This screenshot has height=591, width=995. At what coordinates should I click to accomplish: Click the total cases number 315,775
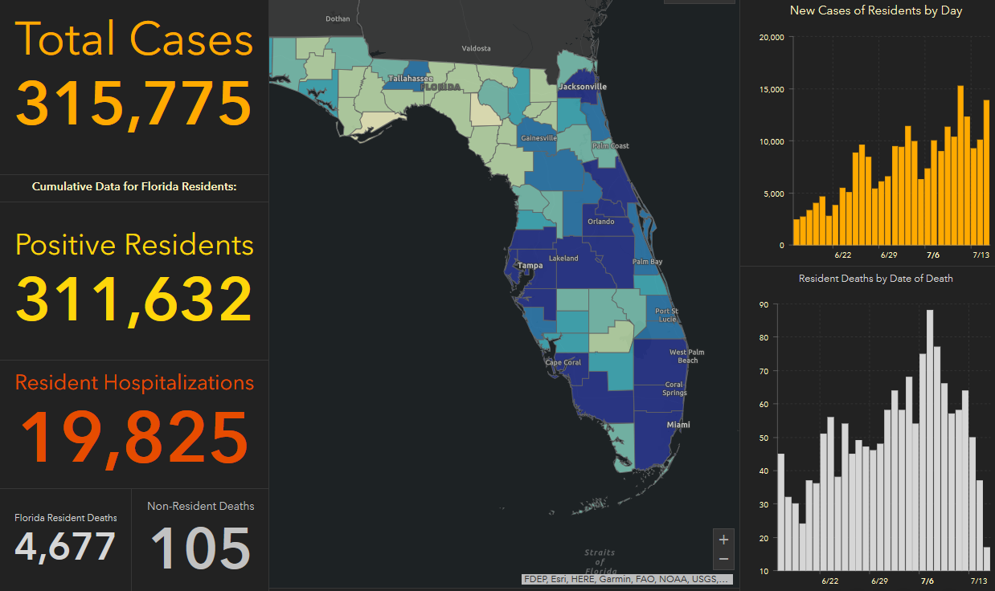pyautogui.click(x=133, y=103)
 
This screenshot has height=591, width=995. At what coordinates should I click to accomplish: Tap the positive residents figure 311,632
pyautogui.click(x=133, y=298)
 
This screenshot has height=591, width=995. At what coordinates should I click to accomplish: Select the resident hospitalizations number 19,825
pyautogui.click(x=133, y=437)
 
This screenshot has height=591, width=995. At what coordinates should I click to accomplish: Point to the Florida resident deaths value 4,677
pyautogui.click(x=66, y=547)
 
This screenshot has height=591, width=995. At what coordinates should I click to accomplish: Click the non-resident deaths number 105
pyautogui.click(x=201, y=548)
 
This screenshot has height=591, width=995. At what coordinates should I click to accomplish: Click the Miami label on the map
pyautogui.click(x=678, y=424)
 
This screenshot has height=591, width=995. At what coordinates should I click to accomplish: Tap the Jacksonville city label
pyautogui.click(x=583, y=86)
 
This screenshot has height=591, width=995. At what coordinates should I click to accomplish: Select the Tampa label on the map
pyautogui.click(x=530, y=265)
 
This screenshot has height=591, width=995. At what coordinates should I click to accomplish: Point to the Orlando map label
pyautogui.click(x=600, y=222)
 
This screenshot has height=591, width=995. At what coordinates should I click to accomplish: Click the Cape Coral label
pyautogui.click(x=563, y=362)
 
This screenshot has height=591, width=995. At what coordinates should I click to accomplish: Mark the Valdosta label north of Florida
pyautogui.click(x=476, y=48)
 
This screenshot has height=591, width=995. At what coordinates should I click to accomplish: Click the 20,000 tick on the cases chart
pyautogui.click(x=771, y=37)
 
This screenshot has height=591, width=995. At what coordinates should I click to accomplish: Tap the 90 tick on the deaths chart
pyautogui.click(x=764, y=304)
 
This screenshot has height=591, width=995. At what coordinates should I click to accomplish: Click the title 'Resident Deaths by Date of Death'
pyautogui.click(x=876, y=279)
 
